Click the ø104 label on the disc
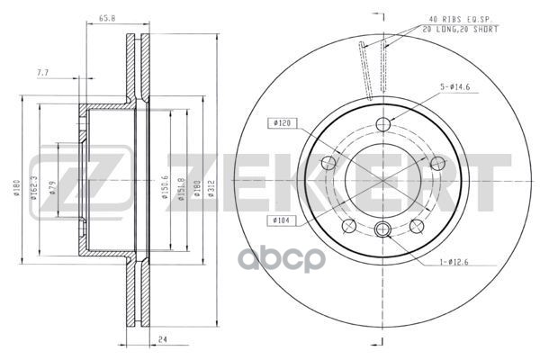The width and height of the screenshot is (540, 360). tap(277, 219)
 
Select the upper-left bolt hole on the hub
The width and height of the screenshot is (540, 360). tap(328, 162)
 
